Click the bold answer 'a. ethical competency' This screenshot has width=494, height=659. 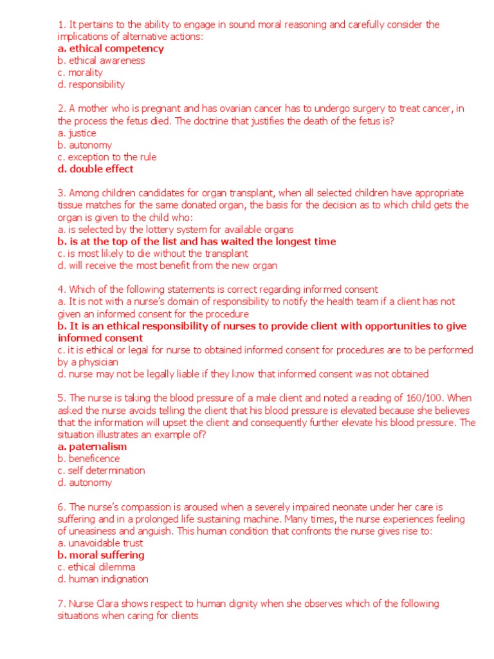[111, 48]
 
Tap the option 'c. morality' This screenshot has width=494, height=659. [80, 72]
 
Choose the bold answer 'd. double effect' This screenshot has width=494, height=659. [95, 169]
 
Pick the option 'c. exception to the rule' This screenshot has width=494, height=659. [107, 157]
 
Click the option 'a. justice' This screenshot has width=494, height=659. [77, 133]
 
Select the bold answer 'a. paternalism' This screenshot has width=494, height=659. [92, 447]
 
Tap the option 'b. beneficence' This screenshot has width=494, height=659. [89, 458]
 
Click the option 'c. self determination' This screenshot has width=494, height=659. [101, 470]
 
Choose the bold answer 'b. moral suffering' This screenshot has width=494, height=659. [101, 555]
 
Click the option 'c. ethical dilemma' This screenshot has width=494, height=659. [96, 567]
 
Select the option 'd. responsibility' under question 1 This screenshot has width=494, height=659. [91, 84]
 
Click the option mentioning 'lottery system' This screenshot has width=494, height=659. [176, 229]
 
